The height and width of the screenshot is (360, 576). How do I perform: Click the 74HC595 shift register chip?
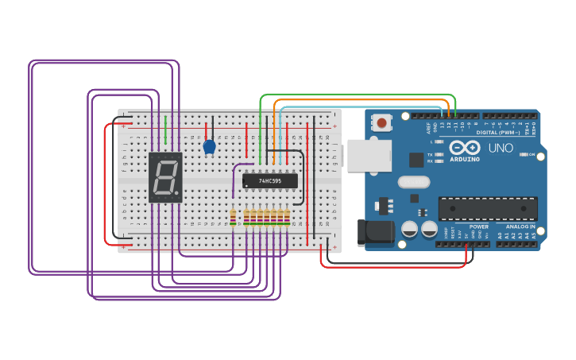point(270,181)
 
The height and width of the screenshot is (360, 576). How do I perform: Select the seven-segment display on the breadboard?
point(165,177)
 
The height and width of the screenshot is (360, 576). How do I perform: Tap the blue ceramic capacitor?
point(209,147)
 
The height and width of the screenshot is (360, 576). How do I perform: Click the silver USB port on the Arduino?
point(369,156)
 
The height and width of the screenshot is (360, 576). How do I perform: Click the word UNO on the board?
point(501,148)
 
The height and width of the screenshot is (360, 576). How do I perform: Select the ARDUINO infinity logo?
point(465,149)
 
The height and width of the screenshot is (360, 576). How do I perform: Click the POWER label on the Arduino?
point(479,226)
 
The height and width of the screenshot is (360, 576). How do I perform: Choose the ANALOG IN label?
point(516,226)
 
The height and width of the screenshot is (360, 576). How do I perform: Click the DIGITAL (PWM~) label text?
point(498,132)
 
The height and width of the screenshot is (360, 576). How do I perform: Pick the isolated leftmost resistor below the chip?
point(233,216)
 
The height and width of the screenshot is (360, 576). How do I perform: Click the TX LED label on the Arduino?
point(430,154)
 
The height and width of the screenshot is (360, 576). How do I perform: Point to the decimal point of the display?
point(178,194)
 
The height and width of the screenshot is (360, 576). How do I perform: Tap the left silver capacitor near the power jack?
point(409,229)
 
